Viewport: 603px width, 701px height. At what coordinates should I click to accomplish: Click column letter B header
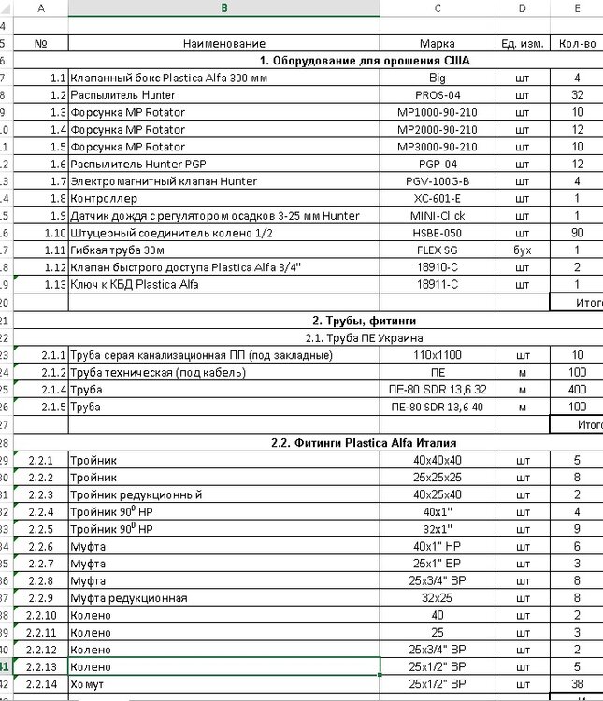(x=223, y=7)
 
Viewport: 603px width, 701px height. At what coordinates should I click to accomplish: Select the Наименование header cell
(x=223, y=43)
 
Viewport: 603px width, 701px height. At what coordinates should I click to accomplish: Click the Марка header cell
(x=438, y=43)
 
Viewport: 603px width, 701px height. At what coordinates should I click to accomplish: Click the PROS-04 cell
(x=438, y=95)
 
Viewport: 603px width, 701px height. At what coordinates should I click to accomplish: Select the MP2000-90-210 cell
(x=438, y=130)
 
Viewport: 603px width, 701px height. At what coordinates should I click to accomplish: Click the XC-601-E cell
(x=438, y=198)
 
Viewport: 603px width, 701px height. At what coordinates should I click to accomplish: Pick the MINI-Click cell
(x=438, y=216)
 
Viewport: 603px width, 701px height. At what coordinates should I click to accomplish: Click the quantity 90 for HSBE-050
(x=577, y=233)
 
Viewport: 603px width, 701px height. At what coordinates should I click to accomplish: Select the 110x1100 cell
(x=438, y=355)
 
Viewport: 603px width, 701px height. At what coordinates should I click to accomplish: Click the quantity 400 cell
(x=577, y=390)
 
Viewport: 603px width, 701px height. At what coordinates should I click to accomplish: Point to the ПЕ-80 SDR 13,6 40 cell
(x=438, y=407)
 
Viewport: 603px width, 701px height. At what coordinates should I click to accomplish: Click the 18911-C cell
(x=438, y=284)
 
